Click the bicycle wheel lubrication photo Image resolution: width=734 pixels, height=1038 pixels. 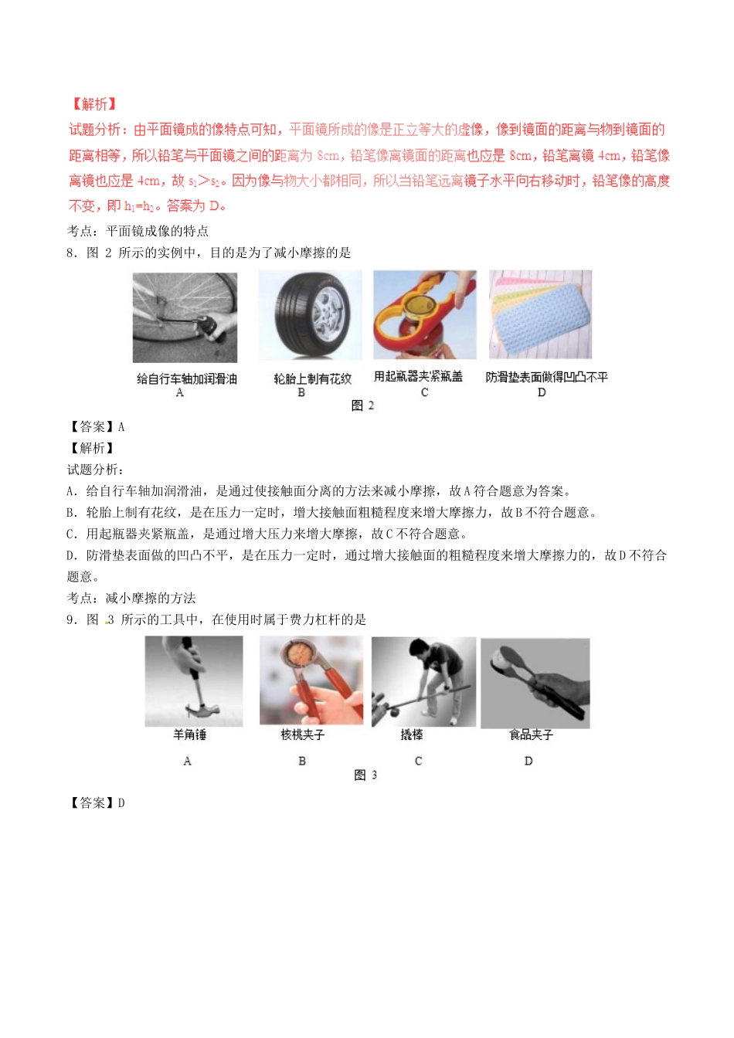[x=185, y=317]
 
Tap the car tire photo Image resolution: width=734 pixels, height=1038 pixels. [x=310, y=314]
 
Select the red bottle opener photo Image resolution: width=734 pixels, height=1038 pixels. [x=424, y=314]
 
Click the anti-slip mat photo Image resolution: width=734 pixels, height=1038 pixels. [x=540, y=314]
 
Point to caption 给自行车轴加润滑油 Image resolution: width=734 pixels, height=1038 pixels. [x=186, y=378]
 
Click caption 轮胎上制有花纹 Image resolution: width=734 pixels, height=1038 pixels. [x=312, y=378]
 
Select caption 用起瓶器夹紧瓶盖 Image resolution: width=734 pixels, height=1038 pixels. [x=418, y=376]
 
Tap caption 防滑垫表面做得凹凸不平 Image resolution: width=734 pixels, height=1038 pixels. [x=546, y=377]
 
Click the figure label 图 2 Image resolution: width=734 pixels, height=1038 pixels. [x=362, y=405]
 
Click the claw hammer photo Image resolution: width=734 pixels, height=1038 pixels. [x=194, y=681]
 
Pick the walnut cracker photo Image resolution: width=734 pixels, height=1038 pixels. [x=311, y=680]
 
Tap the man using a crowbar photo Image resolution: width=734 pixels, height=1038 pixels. [x=423, y=681]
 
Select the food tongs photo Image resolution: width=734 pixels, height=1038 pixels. [x=535, y=683]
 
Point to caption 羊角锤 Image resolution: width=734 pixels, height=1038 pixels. [x=189, y=734]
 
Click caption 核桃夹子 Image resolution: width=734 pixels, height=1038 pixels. [x=302, y=734]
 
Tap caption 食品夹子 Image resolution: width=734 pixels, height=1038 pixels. [x=531, y=734]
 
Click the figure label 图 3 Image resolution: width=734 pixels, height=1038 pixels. [x=365, y=775]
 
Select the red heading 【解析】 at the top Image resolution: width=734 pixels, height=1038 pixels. [x=93, y=104]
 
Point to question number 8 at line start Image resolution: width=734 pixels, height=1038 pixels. [x=70, y=253]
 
